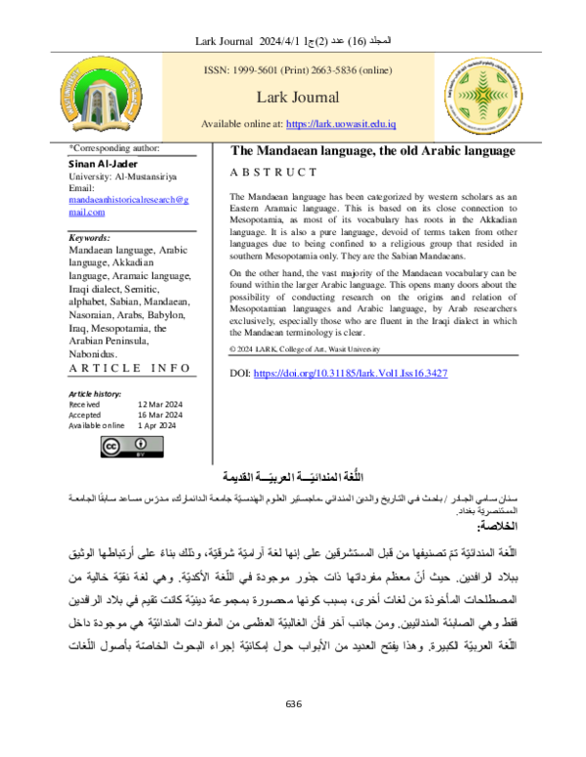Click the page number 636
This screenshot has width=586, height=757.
click(293, 732)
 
